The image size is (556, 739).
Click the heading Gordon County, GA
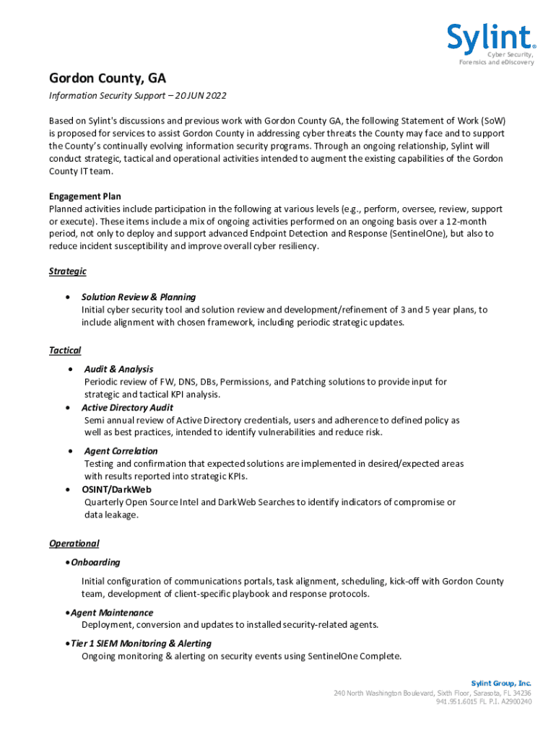pyautogui.click(x=108, y=78)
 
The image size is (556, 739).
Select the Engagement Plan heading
pyautogui.click(x=85, y=196)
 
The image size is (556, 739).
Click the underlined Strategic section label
pyautogui.click(x=68, y=271)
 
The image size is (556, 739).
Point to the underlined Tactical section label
pyautogui.click(x=65, y=350)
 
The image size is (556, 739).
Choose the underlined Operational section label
pyautogui.click(x=74, y=543)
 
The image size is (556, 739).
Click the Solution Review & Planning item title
pyautogui.click(x=139, y=297)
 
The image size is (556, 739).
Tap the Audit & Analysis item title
pyautogui.click(x=118, y=369)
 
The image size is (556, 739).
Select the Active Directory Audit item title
pyautogui.click(x=127, y=408)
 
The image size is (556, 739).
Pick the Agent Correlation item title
pyautogui.click(x=121, y=451)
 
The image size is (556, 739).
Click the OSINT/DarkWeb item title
pyautogui.click(x=116, y=489)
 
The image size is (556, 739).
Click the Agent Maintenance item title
pyautogui.click(x=112, y=613)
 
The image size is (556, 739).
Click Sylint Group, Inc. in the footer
pyautogui.click(x=501, y=683)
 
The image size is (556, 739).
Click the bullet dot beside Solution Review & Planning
pyautogui.click(x=67, y=297)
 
